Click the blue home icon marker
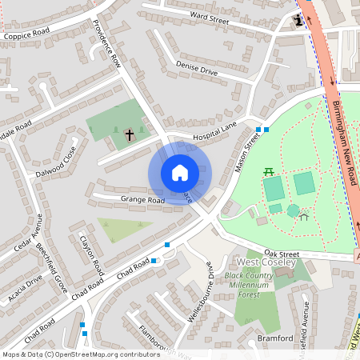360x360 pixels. [x=180, y=173]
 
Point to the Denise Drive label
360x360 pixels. [x=197, y=70]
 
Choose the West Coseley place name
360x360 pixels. [x=266, y=262]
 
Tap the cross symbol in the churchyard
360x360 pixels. [x=129, y=135]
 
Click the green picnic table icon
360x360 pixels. [x=269, y=170]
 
